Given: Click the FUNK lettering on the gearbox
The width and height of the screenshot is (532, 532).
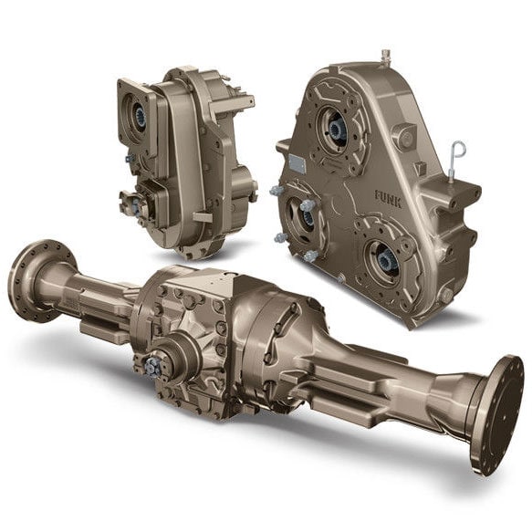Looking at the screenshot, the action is [388, 199].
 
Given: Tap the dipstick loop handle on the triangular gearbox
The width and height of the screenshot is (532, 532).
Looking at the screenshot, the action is [458, 150].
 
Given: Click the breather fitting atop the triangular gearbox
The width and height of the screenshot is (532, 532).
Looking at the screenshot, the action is [385, 56].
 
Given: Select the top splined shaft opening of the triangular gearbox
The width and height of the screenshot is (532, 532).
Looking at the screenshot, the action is [337, 129].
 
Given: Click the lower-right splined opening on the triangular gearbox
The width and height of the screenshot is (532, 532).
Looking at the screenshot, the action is [387, 261].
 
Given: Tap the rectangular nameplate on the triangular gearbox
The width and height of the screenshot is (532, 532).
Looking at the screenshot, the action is [297, 163].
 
